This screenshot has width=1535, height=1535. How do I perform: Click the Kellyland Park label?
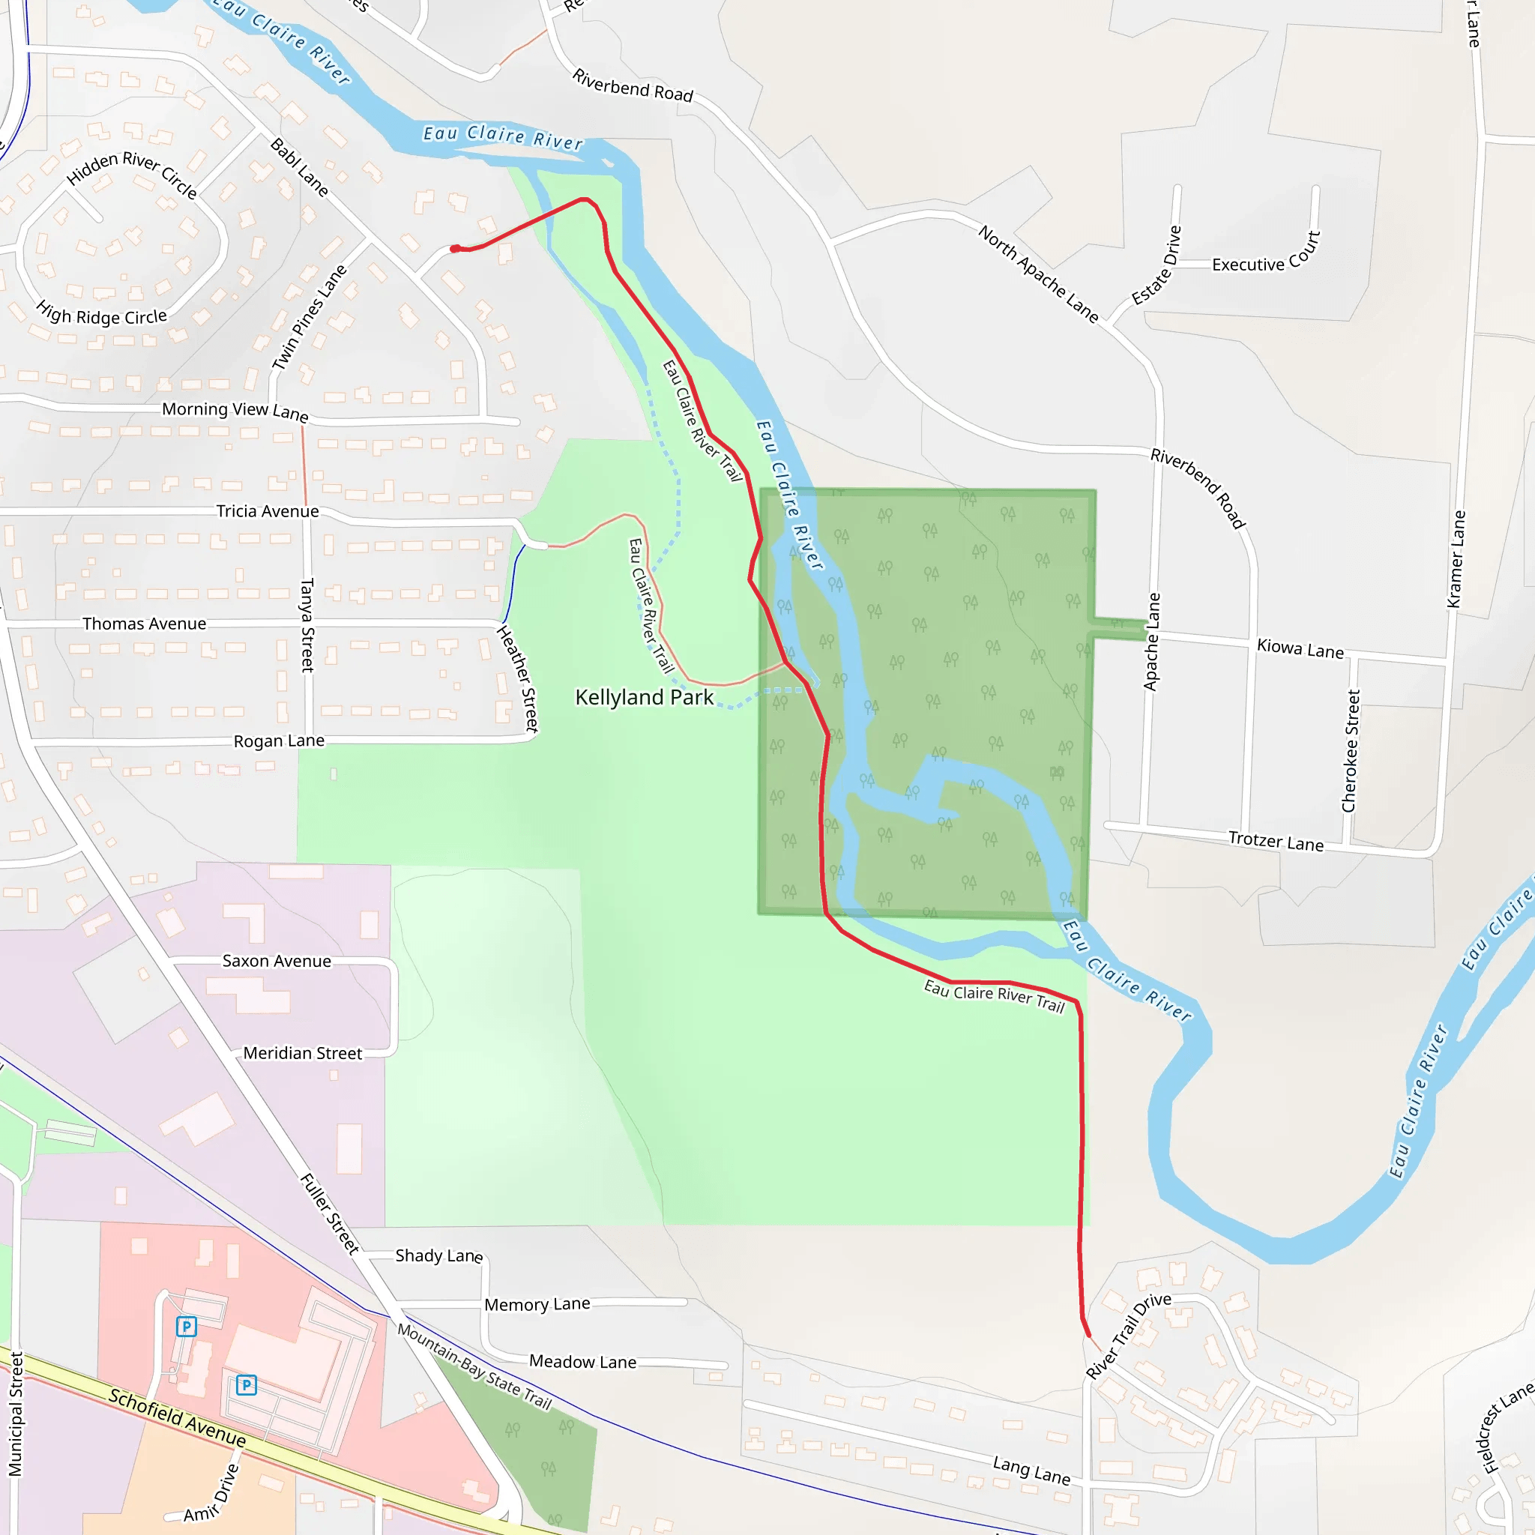click(x=644, y=697)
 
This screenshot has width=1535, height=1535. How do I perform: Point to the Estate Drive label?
click(x=1156, y=265)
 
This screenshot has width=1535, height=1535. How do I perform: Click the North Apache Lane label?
click(x=1038, y=274)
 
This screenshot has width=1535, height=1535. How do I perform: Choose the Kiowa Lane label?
click(x=1300, y=648)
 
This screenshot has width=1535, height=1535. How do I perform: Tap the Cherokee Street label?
click(x=1351, y=751)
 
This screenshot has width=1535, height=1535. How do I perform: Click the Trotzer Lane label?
click(x=1276, y=841)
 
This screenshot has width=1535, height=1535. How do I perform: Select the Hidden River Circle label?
click(x=132, y=173)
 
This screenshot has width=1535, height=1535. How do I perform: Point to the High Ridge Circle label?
click(x=102, y=316)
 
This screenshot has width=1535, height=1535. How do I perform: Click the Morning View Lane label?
click(x=235, y=410)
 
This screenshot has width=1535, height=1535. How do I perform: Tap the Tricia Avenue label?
click(x=268, y=511)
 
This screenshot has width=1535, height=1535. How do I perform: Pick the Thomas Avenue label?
click(x=145, y=624)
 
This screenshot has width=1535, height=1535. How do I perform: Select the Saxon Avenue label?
click(x=277, y=961)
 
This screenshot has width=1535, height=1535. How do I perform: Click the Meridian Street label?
click(x=303, y=1053)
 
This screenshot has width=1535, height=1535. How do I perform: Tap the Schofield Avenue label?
click(x=177, y=1417)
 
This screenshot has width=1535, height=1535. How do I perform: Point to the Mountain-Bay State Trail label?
click(x=474, y=1366)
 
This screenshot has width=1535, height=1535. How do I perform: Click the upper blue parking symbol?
click(x=186, y=1326)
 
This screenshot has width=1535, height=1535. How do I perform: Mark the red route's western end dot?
click(x=454, y=249)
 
